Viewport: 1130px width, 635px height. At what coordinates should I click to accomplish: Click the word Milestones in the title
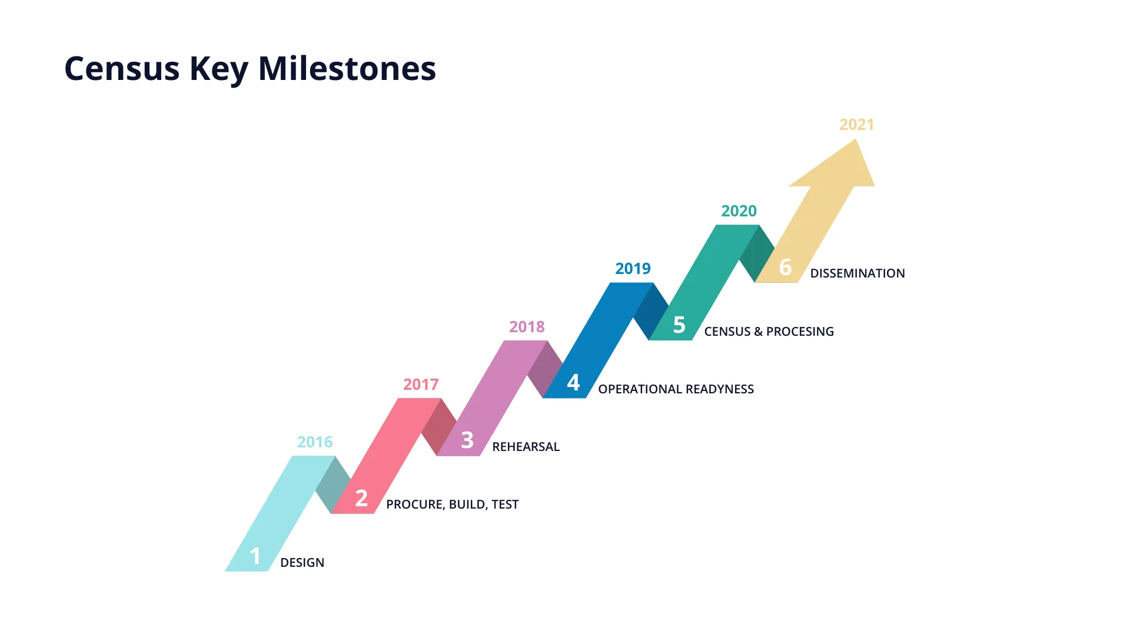pyautogui.click(x=347, y=68)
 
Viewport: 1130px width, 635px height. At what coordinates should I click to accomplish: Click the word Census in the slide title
pyautogui.click(x=122, y=69)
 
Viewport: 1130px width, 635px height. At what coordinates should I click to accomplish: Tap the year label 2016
pyautogui.click(x=315, y=442)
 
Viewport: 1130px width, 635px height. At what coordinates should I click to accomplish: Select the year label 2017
pyautogui.click(x=421, y=384)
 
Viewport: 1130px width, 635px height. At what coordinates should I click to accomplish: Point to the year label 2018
pyautogui.click(x=527, y=326)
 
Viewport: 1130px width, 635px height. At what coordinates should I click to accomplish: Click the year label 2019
pyautogui.click(x=633, y=269)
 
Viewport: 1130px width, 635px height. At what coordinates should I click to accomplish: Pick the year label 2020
pyautogui.click(x=739, y=211)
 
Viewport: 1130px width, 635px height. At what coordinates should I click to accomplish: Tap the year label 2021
pyautogui.click(x=856, y=125)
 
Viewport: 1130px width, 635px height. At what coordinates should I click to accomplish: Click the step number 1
pyautogui.click(x=255, y=556)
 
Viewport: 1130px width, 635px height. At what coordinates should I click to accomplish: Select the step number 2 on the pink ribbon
pyautogui.click(x=361, y=498)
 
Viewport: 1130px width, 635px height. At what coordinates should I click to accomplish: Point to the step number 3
pyautogui.click(x=467, y=440)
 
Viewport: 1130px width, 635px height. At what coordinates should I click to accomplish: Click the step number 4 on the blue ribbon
pyautogui.click(x=573, y=382)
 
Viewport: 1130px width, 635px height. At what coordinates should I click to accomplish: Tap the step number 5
pyautogui.click(x=679, y=325)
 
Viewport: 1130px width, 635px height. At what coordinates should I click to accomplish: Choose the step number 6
pyautogui.click(x=785, y=267)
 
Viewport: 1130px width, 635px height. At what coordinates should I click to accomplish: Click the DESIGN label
pyautogui.click(x=302, y=563)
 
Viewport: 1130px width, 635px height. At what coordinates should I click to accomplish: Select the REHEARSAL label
pyautogui.click(x=526, y=447)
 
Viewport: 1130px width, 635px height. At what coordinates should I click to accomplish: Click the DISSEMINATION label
pyautogui.click(x=858, y=273)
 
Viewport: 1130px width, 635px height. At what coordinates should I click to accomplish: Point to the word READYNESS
pyautogui.click(x=720, y=389)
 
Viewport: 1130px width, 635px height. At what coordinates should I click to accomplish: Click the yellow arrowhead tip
pyautogui.click(x=856, y=139)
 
